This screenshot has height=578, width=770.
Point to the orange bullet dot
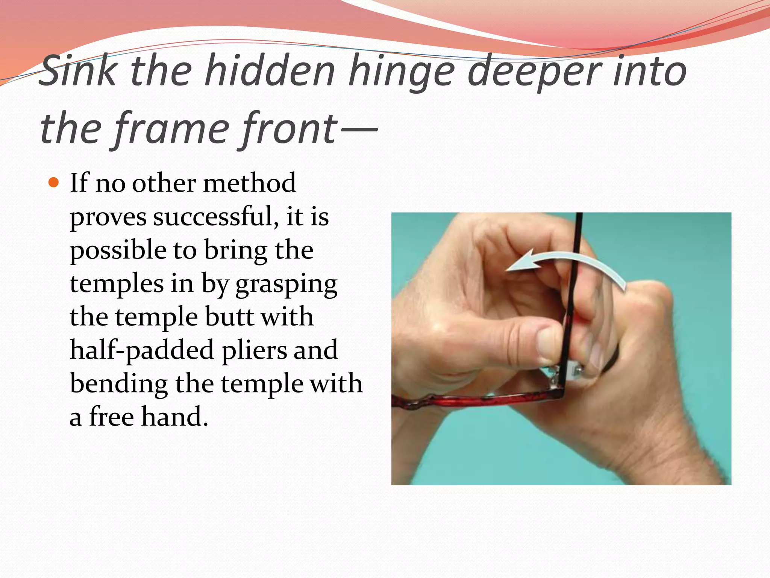coord(54,183)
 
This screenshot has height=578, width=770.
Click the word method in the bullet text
coord(249,183)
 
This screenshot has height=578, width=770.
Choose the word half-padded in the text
coord(142,351)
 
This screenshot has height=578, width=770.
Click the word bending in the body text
coord(119,384)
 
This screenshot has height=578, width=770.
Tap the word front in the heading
coord(290,129)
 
